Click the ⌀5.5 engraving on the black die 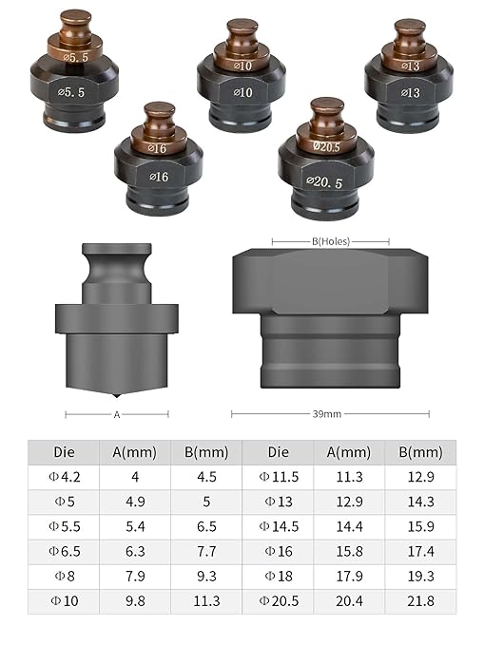[71, 92]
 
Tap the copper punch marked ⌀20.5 [327, 127]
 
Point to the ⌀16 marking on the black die [159, 177]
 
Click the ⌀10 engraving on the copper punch [242, 66]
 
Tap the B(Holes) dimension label [331, 241]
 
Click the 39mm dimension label [327, 414]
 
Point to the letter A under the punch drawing [117, 414]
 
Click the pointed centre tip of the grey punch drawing [117, 396]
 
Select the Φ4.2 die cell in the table [65, 477]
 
